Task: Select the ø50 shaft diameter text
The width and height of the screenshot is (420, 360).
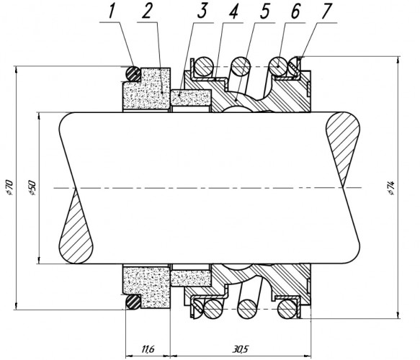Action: (x=32, y=187)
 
